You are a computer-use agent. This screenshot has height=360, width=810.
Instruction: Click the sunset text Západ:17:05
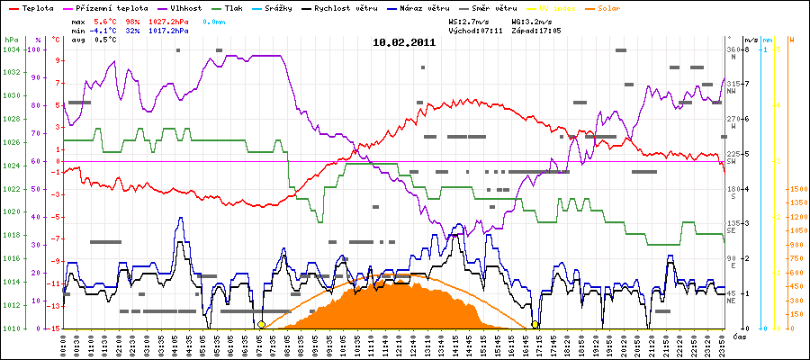(536, 29)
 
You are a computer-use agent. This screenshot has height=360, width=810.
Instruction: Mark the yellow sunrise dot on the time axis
(261, 325)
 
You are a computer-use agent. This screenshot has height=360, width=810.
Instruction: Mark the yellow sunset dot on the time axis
(535, 325)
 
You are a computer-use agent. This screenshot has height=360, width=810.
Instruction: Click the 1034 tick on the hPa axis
(11, 49)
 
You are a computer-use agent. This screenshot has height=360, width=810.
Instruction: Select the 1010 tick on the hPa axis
(11, 328)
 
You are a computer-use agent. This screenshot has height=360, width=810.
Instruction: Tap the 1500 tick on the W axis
(795, 189)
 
